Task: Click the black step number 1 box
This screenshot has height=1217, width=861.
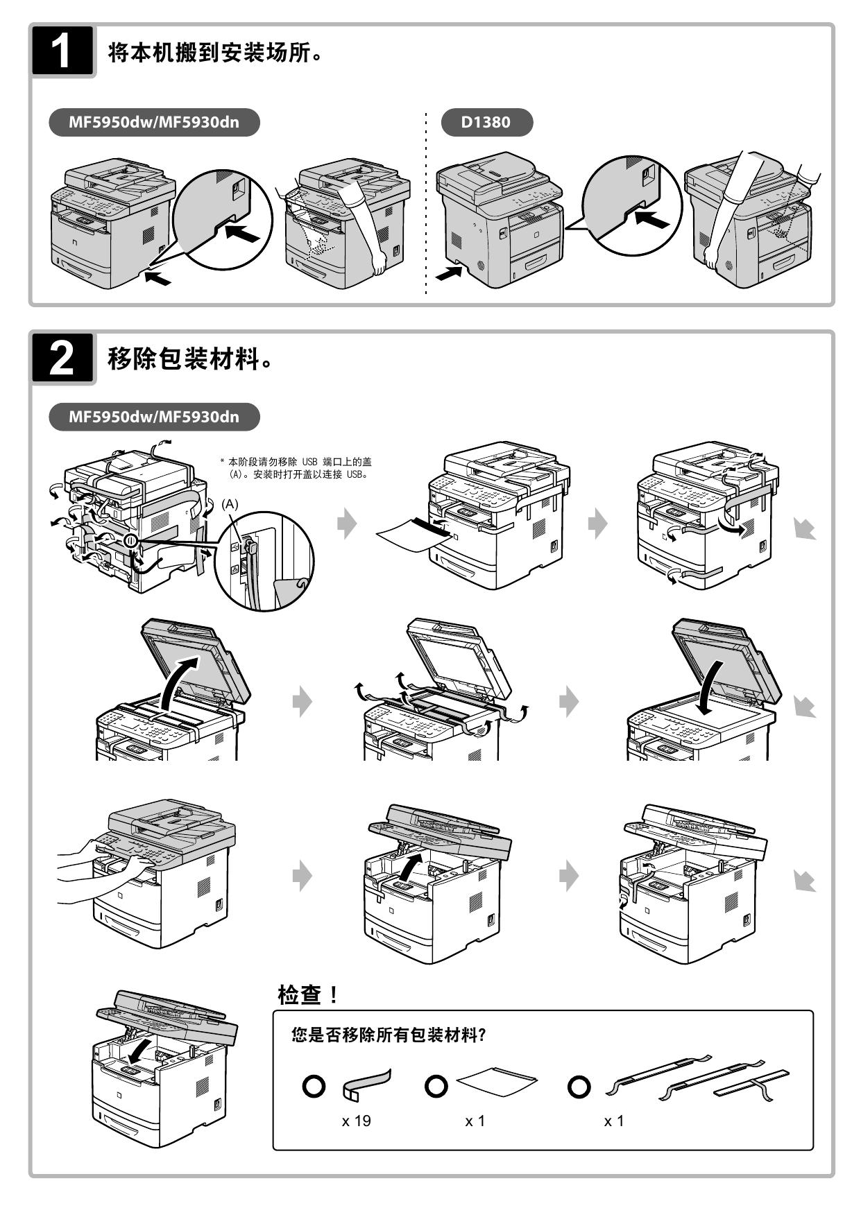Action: (x=62, y=51)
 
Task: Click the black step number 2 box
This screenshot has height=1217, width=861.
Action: (x=62, y=358)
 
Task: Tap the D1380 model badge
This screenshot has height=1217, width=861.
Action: (x=486, y=123)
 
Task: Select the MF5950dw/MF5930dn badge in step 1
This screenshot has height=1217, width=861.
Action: (x=153, y=123)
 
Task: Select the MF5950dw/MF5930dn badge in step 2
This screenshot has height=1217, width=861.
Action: (x=153, y=417)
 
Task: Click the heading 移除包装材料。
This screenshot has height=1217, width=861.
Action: (x=189, y=359)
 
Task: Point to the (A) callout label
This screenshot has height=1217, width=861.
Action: (x=230, y=504)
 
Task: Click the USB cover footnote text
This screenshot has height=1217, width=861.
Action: (x=299, y=468)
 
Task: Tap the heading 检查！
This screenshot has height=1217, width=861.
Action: (x=308, y=996)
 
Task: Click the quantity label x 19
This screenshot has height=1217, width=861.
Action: (x=356, y=1121)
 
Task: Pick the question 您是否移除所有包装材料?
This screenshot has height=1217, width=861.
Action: (x=389, y=1035)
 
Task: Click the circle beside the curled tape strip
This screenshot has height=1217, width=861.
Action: (x=314, y=1086)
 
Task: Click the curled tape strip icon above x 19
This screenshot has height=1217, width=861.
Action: (x=366, y=1085)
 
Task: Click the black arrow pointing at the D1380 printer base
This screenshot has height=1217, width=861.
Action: (x=447, y=273)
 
